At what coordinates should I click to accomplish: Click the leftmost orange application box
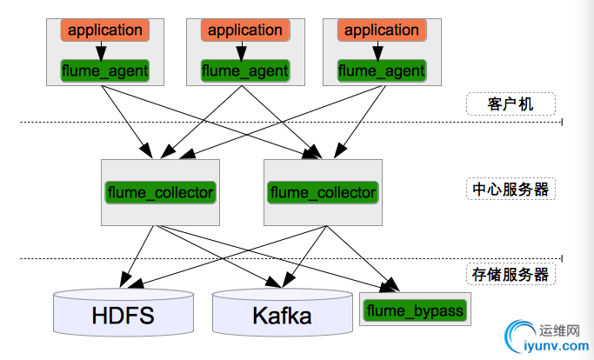click(x=104, y=30)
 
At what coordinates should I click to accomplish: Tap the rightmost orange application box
click(x=381, y=30)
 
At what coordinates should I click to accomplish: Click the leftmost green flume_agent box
click(x=104, y=69)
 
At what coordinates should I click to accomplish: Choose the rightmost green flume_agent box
click(x=381, y=69)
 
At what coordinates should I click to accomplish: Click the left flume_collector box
click(x=159, y=192)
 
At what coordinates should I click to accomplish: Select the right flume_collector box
click(x=323, y=192)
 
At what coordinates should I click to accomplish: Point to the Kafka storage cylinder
click(x=282, y=316)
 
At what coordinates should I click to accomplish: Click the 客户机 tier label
click(x=511, y=104)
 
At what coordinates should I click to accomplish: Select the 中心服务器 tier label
click(x=511, y=189)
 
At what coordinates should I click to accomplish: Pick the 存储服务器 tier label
click(x=511, y=274)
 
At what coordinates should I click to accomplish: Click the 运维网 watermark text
click(x=559, y=331)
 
